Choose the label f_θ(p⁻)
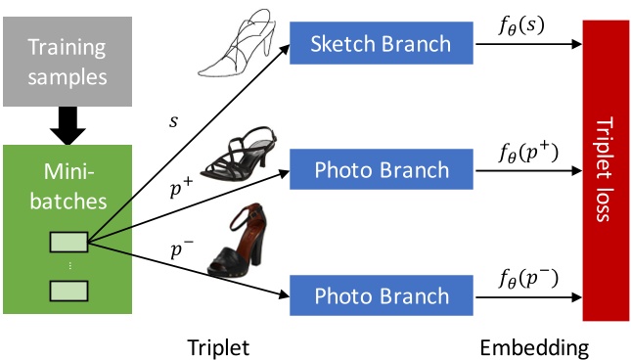(x=527, y=279)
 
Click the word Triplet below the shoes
(x=218, y=346)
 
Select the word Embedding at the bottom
(x=534, y=346)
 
